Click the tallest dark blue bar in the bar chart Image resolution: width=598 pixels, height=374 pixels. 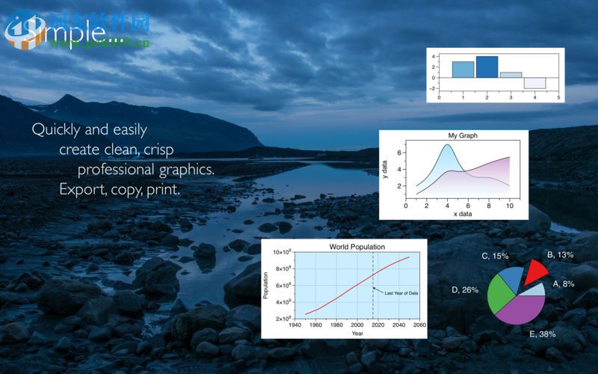(487, 67)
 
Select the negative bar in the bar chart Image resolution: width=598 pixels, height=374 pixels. (534, 83)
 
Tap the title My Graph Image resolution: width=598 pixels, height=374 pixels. (463, 135)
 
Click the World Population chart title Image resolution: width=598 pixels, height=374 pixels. (357, 246)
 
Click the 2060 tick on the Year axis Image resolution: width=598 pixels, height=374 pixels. (419, 325)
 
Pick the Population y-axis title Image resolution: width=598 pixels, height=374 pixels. (265, 285)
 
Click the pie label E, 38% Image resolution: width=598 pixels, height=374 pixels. (542, 334)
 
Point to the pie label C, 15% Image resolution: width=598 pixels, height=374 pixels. (495, 256)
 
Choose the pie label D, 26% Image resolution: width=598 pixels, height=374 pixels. (465, 289)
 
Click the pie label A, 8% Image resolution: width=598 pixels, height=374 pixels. (564, 283)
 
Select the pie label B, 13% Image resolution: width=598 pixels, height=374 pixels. (560, 254)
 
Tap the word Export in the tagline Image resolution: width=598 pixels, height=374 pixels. (81, 189)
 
